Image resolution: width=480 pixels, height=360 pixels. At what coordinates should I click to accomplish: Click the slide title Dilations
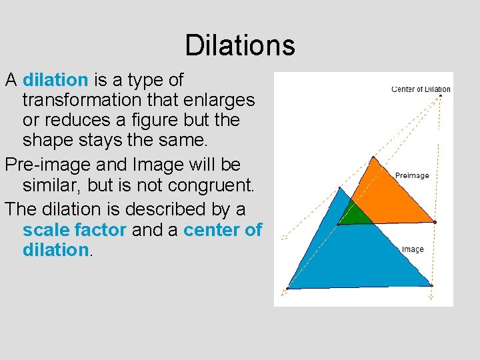tap(240, 45)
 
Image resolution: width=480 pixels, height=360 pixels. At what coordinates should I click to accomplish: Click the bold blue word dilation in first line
tap(55, 81)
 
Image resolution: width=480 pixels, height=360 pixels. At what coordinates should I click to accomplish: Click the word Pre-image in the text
tap(43, 165)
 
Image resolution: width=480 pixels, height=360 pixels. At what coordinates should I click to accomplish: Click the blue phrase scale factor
tap(74, 231)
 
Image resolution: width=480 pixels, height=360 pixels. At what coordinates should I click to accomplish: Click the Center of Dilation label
tap(421, 89)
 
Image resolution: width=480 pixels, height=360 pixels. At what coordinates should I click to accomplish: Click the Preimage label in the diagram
tap(412, 175)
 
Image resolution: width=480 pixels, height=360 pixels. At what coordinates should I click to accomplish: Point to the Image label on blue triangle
tap(413, 249)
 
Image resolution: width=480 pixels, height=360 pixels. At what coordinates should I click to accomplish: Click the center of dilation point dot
tap(441, 96)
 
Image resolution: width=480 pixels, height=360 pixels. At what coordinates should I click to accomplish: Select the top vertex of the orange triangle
tap(373, 158)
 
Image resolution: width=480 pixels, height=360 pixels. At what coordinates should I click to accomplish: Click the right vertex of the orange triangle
tap(435, 222)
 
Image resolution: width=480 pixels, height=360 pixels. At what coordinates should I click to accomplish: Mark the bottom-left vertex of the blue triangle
tap(288, 288)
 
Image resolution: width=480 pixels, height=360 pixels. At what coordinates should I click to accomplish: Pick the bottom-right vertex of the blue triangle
tap(431, 285)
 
